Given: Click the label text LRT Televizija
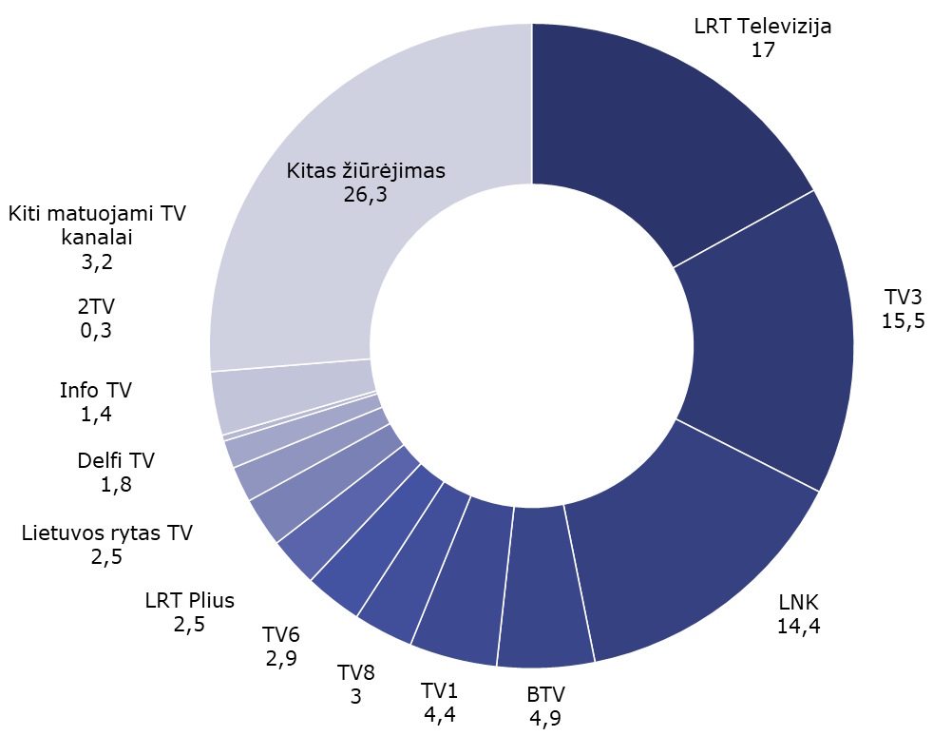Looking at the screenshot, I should (x=763, y=26).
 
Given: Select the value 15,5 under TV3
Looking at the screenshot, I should (x=903, y=320).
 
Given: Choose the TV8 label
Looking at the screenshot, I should (x=356, y=673).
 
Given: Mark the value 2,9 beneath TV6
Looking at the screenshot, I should (x=280, y=660).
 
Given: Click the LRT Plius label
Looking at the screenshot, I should (x=189, y=601).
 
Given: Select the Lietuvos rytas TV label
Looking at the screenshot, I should (x=106, y=533).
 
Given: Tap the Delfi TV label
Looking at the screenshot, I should (x=116, y=461).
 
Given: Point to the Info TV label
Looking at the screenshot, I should (x=95, y=390).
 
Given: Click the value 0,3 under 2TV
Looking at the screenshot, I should (x=95, y=330).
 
